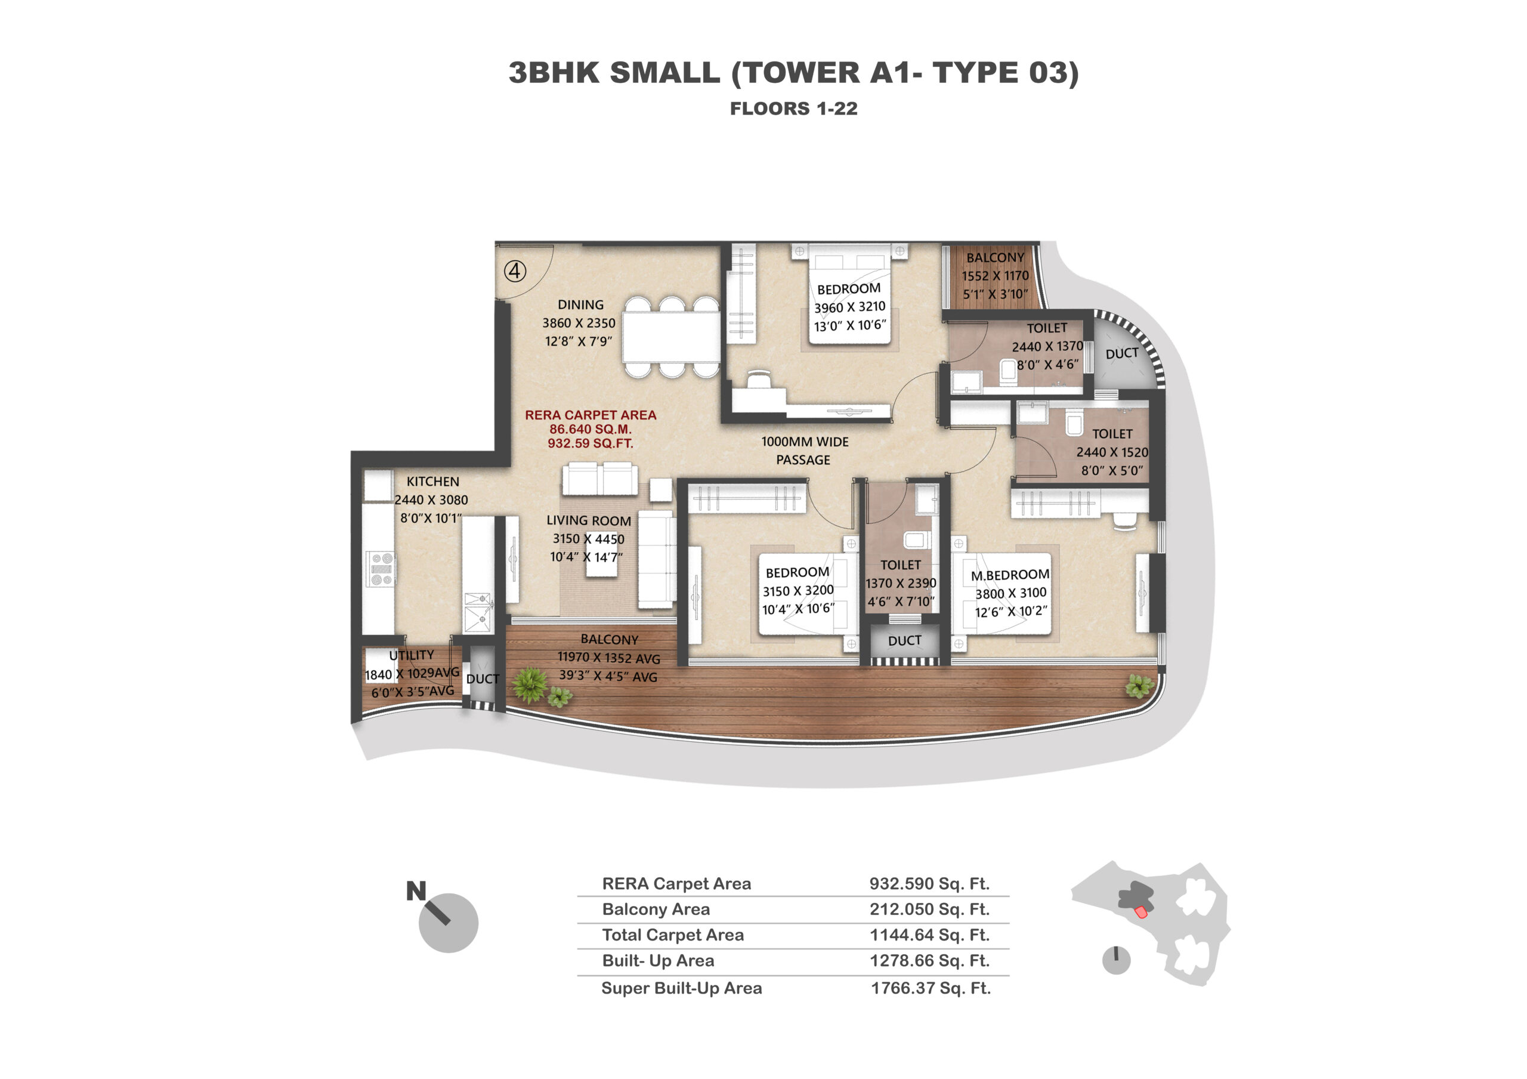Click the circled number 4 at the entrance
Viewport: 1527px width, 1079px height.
click(515, 271)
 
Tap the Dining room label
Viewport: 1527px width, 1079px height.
click(580, 305)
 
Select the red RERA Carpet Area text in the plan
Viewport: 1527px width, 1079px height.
click(591, 429)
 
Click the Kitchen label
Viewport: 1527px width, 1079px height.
click(433, 482)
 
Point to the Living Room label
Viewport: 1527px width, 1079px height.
click(589, 521)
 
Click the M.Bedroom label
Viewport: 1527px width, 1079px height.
click(1010, 575)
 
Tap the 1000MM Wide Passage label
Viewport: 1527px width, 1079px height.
click(805, 451)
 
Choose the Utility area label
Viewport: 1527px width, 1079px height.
click(412, 655)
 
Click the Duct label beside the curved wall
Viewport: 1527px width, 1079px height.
click(1122, 353)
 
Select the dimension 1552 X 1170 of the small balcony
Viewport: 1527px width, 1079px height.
click(995, 275)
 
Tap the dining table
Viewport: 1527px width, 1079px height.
click(672, 337)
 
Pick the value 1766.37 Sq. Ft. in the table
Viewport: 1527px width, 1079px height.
click(931, 988)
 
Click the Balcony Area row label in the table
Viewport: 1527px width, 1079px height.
click(656, 909)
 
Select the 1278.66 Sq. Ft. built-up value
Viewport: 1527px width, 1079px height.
click(930, 961)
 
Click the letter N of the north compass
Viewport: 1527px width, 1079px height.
click(416, 891)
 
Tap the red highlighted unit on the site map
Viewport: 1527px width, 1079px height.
click(1141, 911)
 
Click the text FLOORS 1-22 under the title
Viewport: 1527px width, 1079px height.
click(793, 109)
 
